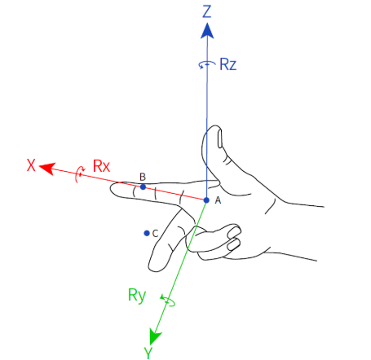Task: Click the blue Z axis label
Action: (207, 11)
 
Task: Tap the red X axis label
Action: (31, 165)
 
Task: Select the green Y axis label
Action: (148, 353)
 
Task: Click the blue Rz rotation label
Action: (227, 64)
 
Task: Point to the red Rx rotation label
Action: (101, 166)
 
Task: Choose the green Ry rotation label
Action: (137, 296)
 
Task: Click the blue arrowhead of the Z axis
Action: (207, 31)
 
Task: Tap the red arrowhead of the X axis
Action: (47, 169)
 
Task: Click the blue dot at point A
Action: (206, 200)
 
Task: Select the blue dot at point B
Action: (143, 187)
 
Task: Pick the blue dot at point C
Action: (147, 233)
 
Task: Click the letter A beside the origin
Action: (218, 200)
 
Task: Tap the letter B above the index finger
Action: (143, 177)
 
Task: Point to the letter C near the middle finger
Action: (155, 233)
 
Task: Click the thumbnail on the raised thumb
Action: (219, 138)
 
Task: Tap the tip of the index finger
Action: (110, 189)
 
